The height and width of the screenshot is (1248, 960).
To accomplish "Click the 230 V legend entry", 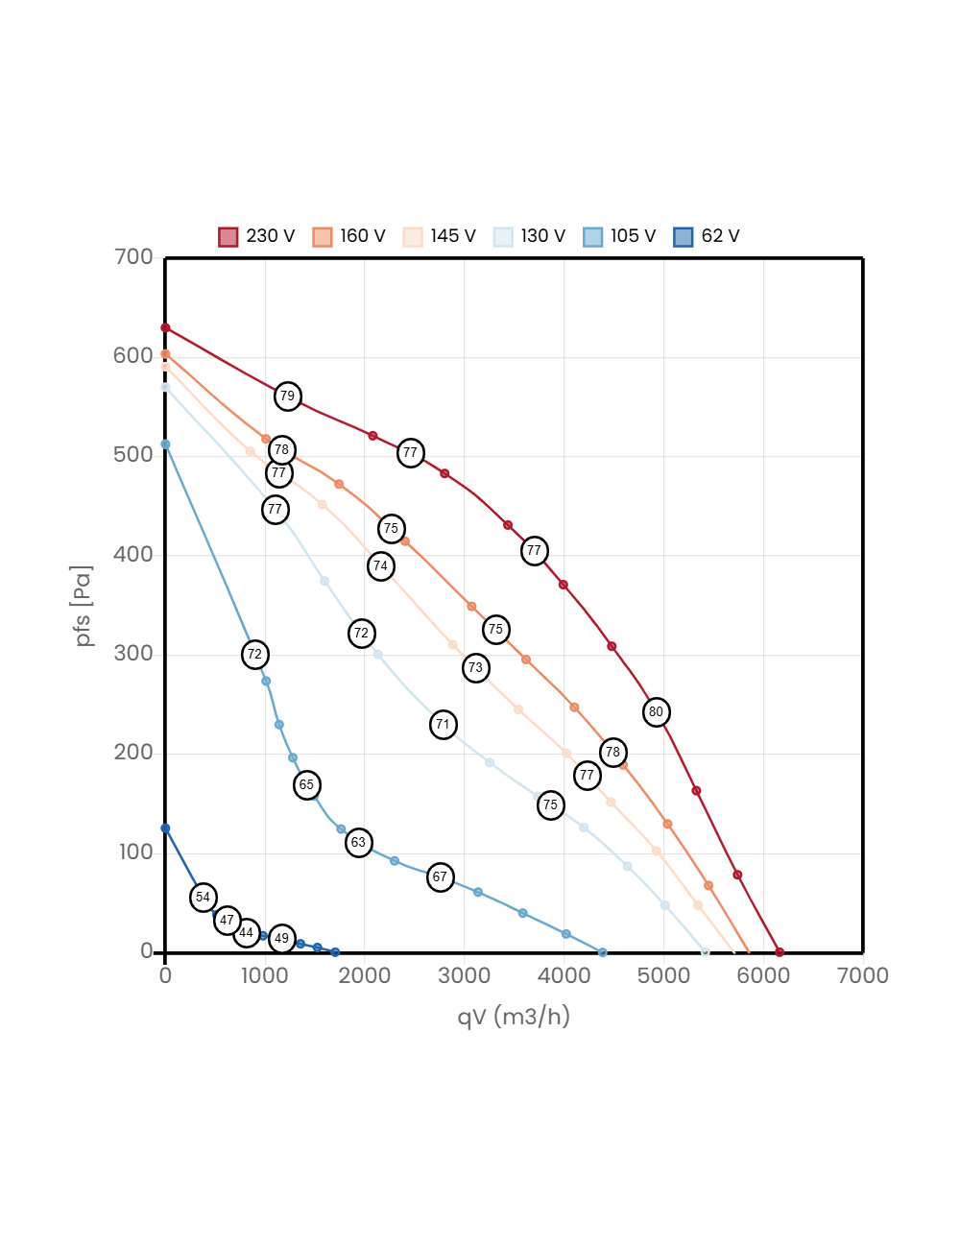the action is [256, 236].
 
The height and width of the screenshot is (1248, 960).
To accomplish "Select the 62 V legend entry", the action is [707, 236].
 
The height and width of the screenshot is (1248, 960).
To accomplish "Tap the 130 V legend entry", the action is [529, 236].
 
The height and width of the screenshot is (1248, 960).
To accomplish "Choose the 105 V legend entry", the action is [619, 236].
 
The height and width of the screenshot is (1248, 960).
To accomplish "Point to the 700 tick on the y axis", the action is [133, 256].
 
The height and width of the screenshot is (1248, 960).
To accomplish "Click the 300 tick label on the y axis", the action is [133, 654].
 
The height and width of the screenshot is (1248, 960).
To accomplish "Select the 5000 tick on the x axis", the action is [663, 975].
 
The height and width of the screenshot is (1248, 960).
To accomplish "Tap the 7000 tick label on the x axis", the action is [862, 975].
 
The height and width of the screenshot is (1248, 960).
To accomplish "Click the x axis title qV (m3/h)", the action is [514, 1017].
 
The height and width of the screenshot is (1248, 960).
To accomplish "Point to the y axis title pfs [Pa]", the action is [82, 606].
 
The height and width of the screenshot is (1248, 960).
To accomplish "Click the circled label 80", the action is [657, 712].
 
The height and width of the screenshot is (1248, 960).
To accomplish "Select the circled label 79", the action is [288, 396].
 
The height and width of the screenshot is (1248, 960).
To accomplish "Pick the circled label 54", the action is [204, 897].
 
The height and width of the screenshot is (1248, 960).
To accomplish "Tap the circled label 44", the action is [247, 933].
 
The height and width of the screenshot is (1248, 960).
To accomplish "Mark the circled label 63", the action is [359, 843].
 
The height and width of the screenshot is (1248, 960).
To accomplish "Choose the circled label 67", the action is [441, 877].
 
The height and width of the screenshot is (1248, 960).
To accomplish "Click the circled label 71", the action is [443, 724].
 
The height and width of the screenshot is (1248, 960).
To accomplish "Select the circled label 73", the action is [476, 668].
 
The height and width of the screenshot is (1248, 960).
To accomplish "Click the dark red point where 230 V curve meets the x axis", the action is [780, 952].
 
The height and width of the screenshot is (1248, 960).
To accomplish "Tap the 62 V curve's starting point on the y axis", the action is [165, 828].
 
